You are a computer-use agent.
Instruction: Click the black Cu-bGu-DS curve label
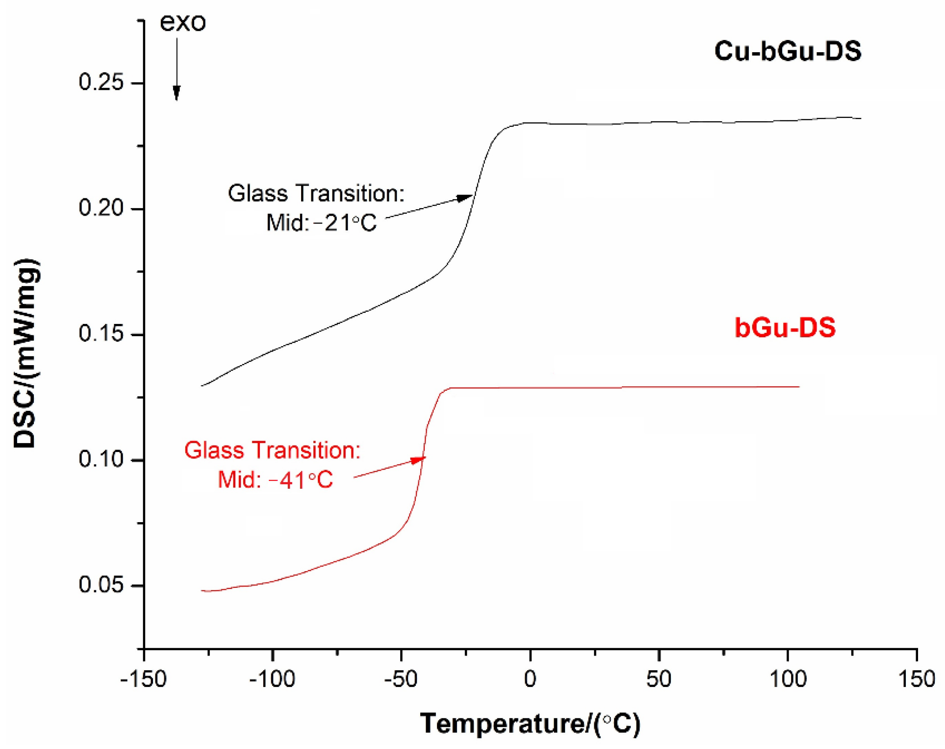click(x=787, y=51)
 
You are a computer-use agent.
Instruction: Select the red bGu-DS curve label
click(x=785, y=328)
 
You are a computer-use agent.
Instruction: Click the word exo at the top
click(x=182, y=22)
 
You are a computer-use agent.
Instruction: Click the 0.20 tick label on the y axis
click(x=101, y=208)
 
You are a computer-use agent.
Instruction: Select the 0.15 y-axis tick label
click(x=101, y=334)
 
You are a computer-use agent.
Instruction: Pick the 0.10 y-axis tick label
click(x=101, y=459)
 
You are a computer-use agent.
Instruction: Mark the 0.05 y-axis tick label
click(x=101, y=585)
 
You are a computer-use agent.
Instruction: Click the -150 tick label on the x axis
click(x=143, y=680)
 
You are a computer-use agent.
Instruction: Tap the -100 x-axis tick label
click(x=272, y=680)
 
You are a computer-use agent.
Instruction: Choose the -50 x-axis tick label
click(x=401, y=680)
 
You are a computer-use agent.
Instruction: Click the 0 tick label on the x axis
click(x=530, y=680)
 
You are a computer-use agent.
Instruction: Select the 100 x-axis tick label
click(x=788, y=680)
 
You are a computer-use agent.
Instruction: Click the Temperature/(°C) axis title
click(x=530, y=724)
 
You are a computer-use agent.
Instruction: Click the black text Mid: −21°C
click(x=321, y=223)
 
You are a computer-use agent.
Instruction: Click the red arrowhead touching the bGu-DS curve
click(x=419, y=460)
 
